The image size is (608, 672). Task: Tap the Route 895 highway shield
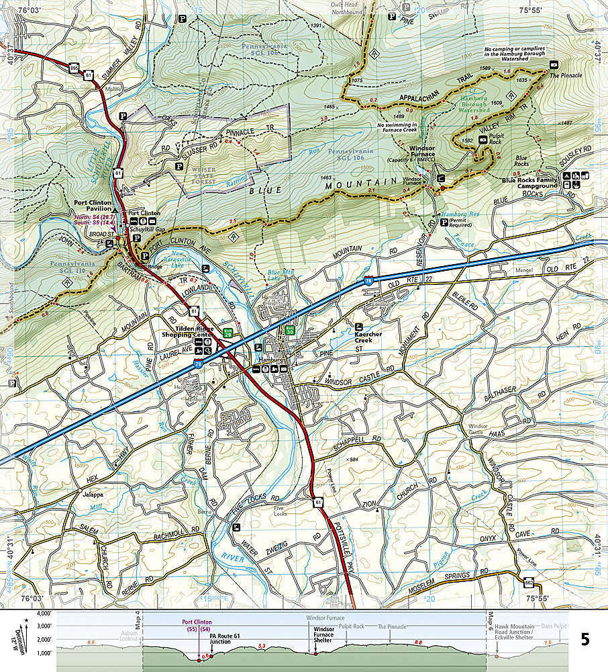click(72, 67)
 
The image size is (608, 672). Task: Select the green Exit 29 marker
click(228, 331)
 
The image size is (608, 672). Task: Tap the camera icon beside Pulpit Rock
click(484, 140)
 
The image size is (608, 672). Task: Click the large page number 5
click(585, 638)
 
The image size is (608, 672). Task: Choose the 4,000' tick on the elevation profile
click(42, 614)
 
